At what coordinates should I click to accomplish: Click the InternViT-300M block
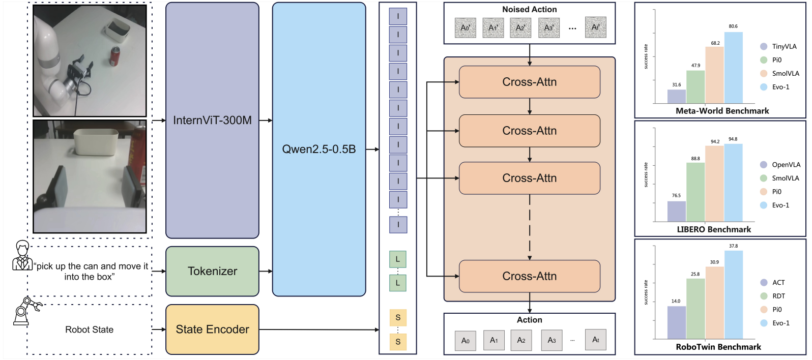212,121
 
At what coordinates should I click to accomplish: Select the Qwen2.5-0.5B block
319,149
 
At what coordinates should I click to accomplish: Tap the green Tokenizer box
212,271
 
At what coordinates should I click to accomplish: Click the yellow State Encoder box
212,329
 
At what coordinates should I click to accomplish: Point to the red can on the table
115,56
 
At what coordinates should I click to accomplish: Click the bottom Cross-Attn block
529,276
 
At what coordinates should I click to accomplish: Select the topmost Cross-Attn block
529,82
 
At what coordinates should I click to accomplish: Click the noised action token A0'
465,27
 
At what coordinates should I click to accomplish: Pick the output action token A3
552,340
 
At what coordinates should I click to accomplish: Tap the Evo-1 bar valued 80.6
733,68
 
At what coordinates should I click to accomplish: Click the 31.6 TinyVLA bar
676,96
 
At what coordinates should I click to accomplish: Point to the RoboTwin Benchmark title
718,347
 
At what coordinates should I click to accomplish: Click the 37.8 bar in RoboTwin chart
733,294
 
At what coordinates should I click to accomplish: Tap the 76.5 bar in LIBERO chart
676,211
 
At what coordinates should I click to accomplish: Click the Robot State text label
89,329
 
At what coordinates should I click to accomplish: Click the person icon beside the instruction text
22,255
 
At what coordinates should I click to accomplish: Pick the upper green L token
397,259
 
